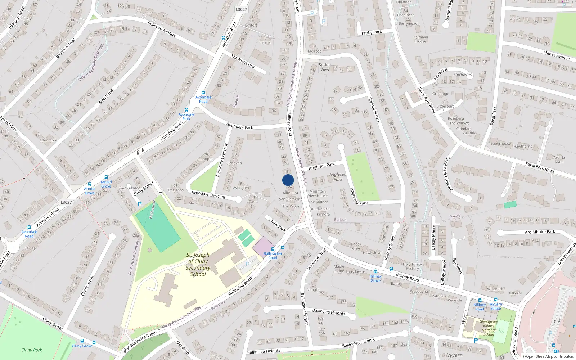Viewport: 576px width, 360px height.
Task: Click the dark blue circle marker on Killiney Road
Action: tap(288, 180)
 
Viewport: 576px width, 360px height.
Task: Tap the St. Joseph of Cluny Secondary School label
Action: tap(198, 265)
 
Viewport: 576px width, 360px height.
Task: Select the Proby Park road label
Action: tap(372, 32)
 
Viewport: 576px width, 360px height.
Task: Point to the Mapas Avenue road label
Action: tap(556, 55)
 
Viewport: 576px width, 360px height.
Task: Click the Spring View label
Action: tap(324, 67)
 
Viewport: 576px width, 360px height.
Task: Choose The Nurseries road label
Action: tap(243, 62)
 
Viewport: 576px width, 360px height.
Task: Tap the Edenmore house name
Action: tap(48, 140)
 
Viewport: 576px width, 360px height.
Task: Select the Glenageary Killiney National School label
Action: tap(489, 328)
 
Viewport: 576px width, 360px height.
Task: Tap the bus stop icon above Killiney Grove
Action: tap(375, 271)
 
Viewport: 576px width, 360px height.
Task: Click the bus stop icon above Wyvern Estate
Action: tap(496, 300)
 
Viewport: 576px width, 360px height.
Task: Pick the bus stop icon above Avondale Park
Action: tap(186, 110)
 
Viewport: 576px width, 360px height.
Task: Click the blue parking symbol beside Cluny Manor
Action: tap(140, 204)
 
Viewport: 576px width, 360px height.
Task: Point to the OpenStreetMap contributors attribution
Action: tap(548, 357)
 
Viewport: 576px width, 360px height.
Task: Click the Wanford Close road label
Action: tap(317, 259)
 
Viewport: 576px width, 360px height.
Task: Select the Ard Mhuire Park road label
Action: tap(540, 232)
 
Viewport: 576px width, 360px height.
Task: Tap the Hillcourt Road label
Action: tap(17, 17)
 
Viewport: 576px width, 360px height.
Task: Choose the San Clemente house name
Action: tap(291, 199)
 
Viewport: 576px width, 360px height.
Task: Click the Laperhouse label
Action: tap(501, 144)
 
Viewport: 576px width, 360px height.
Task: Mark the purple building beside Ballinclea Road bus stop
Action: tap(263, 247)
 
